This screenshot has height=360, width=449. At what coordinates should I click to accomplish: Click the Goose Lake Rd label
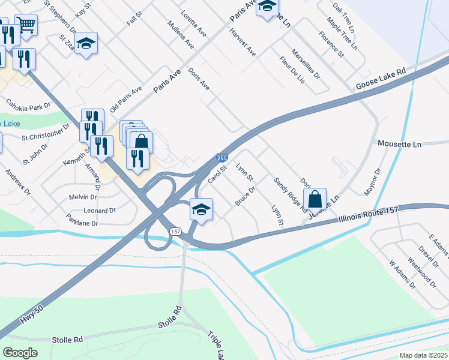click(381, 78)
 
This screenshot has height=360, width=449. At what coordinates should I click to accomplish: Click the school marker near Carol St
click(202, 211)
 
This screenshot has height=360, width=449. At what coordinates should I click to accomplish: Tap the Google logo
click(20, 352)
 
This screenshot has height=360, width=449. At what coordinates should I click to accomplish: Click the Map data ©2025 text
click(423, 355)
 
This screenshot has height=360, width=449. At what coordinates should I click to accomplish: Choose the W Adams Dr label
click(402, 274)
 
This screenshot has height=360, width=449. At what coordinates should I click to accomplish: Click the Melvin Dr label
click(83, 197)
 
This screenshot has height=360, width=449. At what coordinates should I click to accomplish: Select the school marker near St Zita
click(86, 44)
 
